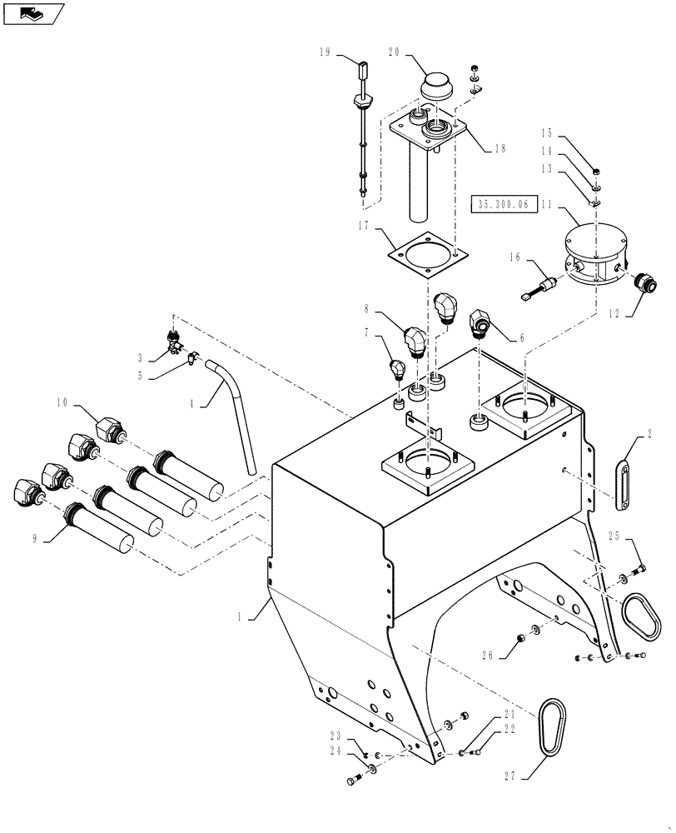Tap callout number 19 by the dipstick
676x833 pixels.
tap(324, 52)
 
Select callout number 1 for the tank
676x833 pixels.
tap(240, 617)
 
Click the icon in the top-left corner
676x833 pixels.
tap(33, 14)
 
